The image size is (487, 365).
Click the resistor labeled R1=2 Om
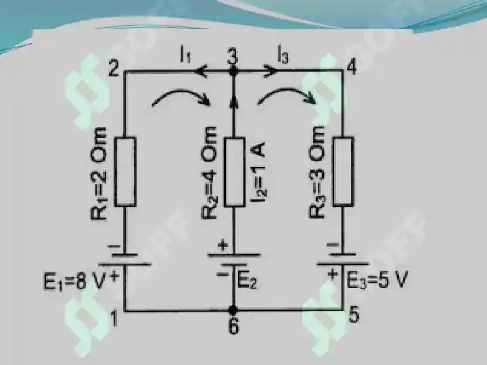(x=125, y=172)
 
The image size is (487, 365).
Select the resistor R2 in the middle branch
(x=234, y=172)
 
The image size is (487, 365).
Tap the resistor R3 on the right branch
(x=344, y=171)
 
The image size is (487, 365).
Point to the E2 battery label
(x=248, y=281)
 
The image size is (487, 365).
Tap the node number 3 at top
(x=232, y=56)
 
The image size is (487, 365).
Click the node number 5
(x=354, y=316)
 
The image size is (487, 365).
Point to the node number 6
(x=233, y=326)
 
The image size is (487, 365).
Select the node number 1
(x=114, y=319)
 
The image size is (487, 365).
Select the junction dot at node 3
(x=233, y=72)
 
